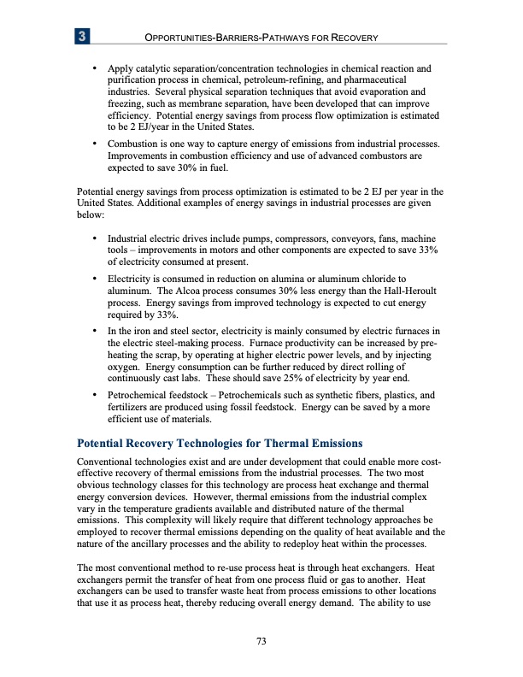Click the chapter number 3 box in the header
click(82, 36)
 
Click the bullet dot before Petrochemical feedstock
click(93, 397)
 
